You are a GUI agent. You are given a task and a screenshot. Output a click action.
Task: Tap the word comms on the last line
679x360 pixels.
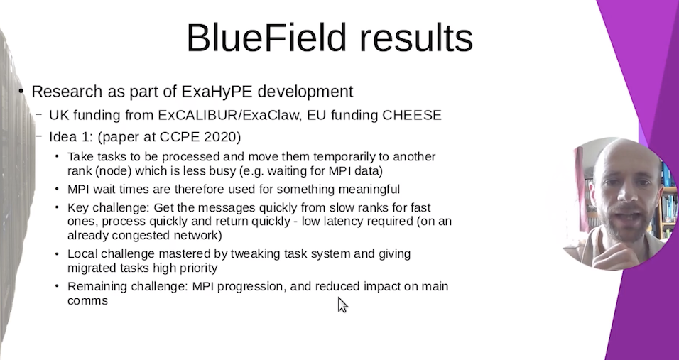(87, 301)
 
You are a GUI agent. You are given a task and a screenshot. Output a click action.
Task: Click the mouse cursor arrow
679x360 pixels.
(342, 305)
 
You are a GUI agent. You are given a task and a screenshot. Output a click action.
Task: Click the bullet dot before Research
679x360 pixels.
(21, 92)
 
